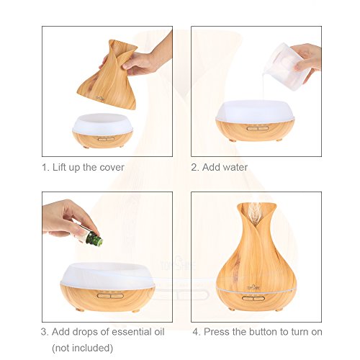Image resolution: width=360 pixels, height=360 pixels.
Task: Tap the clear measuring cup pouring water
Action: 286,66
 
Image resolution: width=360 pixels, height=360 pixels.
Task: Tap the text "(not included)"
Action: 82,348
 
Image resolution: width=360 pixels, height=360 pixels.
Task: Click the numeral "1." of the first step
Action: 45,167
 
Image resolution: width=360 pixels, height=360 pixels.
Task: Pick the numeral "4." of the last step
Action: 197,332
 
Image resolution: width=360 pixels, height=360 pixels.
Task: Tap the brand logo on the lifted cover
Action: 100,98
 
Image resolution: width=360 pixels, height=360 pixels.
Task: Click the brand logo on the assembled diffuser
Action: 251,286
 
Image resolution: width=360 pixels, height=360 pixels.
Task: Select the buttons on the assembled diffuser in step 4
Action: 253,298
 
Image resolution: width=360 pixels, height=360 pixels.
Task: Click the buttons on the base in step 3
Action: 110,295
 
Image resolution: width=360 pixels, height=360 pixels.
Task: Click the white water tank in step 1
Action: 103,124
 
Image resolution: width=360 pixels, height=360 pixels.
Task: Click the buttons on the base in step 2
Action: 258,128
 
